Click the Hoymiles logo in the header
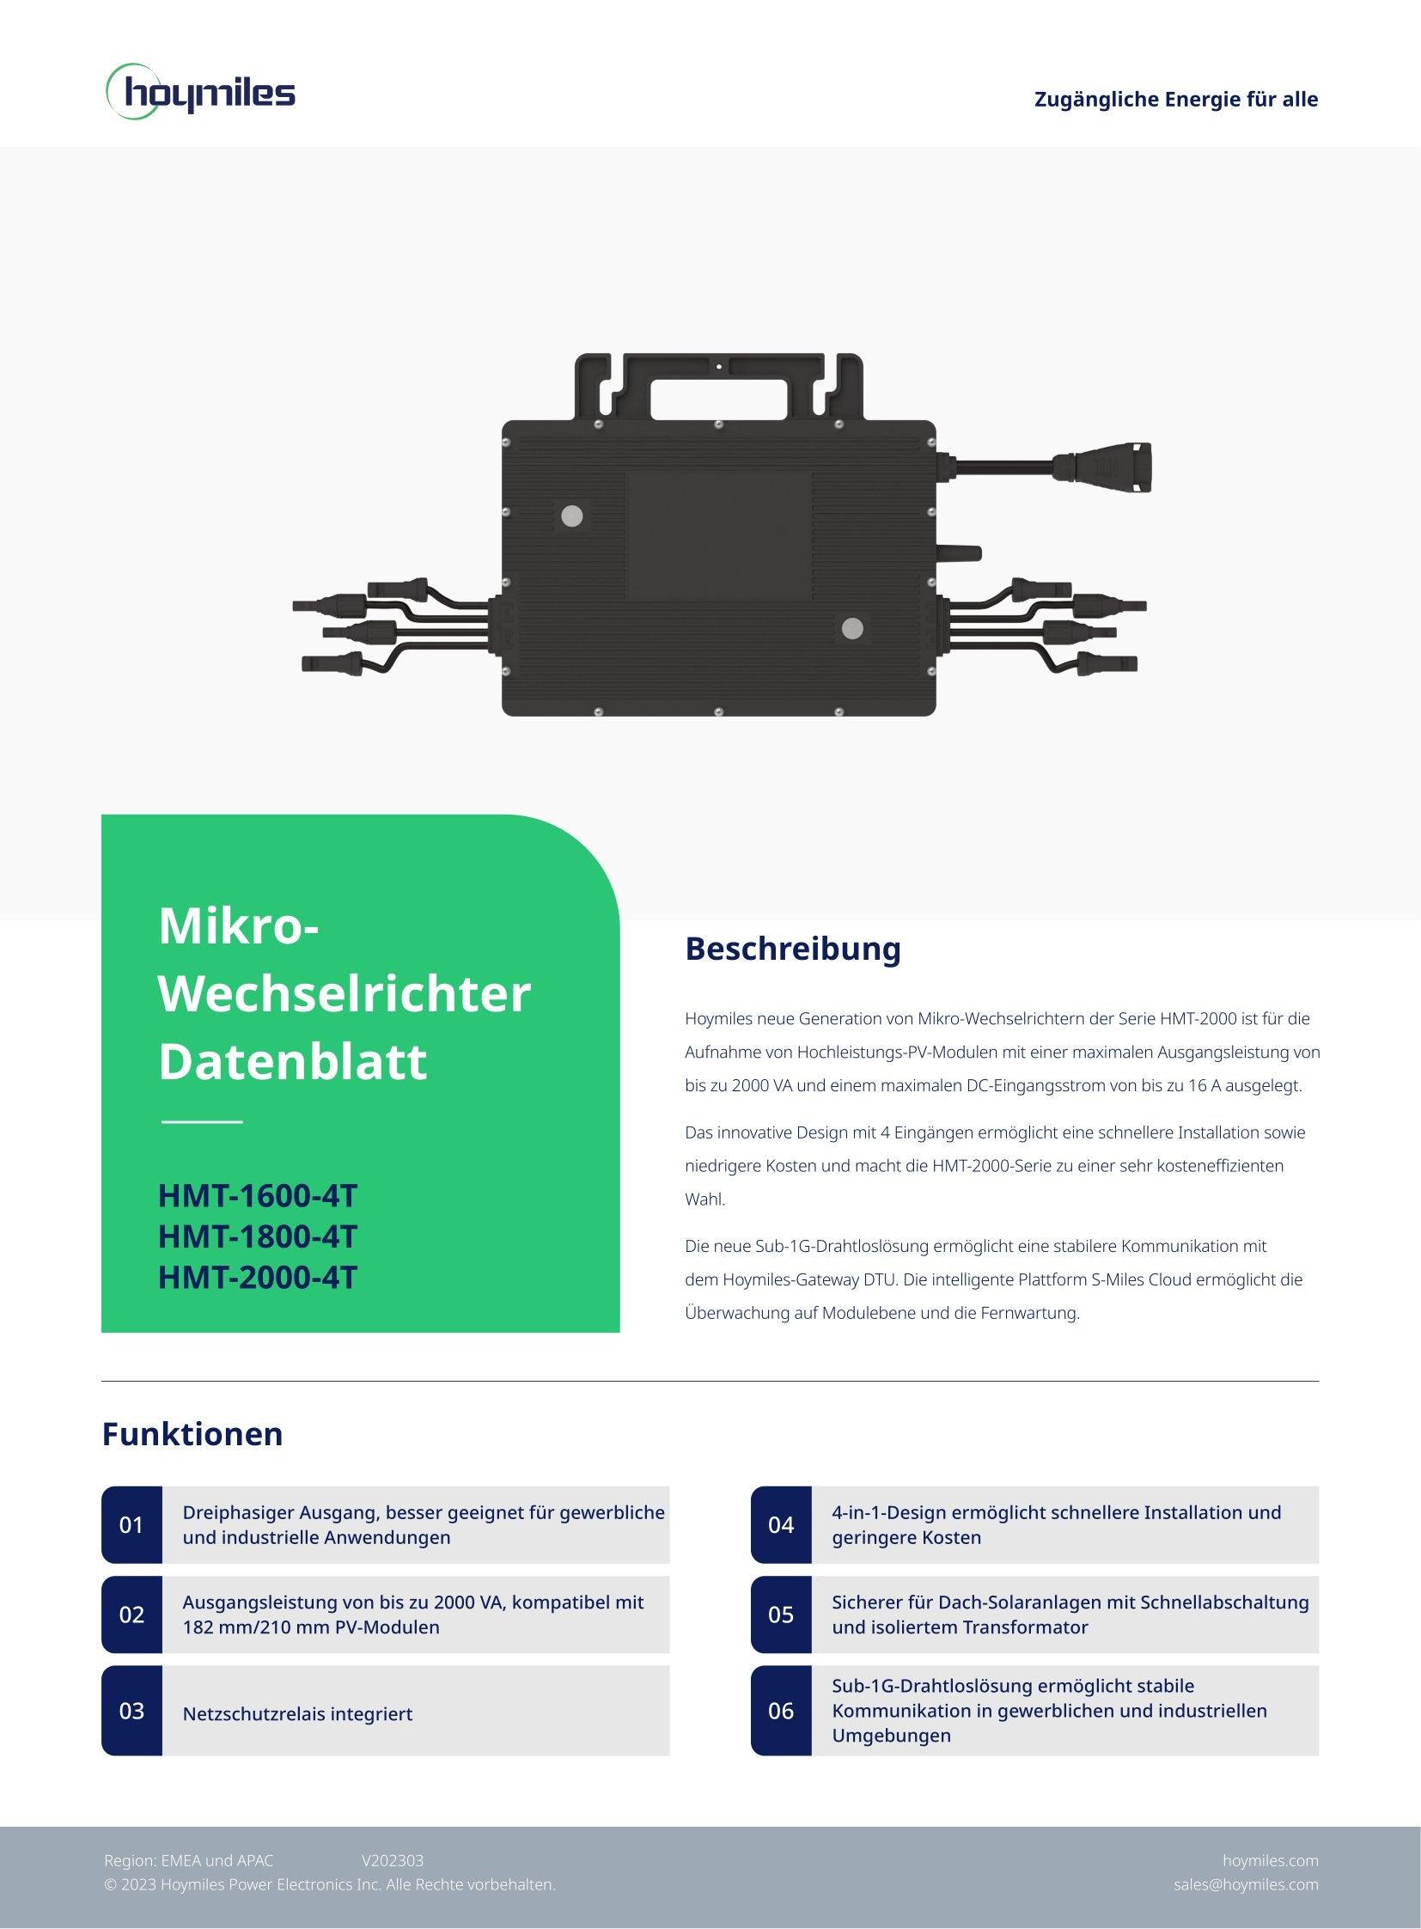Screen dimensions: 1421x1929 tap(200, 91)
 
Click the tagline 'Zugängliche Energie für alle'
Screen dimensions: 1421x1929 tap(1176, 99)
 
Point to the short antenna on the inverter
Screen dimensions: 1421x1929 tap(961, 553)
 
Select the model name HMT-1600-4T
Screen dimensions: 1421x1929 tap(257, 1196)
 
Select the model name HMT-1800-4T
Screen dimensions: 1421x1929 tap(257, 1236)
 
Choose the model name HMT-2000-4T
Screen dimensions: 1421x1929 tap(257, 1278)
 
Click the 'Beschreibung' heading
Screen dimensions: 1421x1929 tap(793, 948)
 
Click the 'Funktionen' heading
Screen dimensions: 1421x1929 tap(192, 1434)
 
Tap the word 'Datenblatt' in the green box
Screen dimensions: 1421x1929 tap(292, 1062)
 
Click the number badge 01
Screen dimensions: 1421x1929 tap(131, 1524)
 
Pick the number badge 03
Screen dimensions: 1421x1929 tap(131, 1711)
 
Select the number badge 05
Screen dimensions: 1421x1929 tap(781, 1615)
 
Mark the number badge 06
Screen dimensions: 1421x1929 tap(781, 1711)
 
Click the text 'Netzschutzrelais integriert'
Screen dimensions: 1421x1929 tap(297, 1714)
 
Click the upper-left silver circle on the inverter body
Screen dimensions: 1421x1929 tap(572, 516)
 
